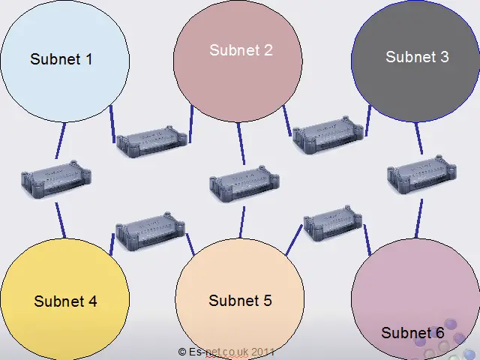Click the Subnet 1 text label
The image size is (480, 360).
point(61,58)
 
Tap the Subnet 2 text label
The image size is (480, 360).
point(241,50)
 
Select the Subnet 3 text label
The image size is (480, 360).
point(417,56)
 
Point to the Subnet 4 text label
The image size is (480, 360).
point(65,301)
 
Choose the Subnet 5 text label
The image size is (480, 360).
point(240,301)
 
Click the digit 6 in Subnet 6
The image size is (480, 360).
point(439,332)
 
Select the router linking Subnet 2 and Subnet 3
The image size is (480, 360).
point(328,135)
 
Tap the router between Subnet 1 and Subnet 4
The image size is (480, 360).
point(57,179)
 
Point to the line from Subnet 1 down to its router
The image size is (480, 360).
point(60,140)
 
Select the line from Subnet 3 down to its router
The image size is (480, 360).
point(418,138)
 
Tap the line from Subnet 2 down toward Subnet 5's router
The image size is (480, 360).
point(241,142)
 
